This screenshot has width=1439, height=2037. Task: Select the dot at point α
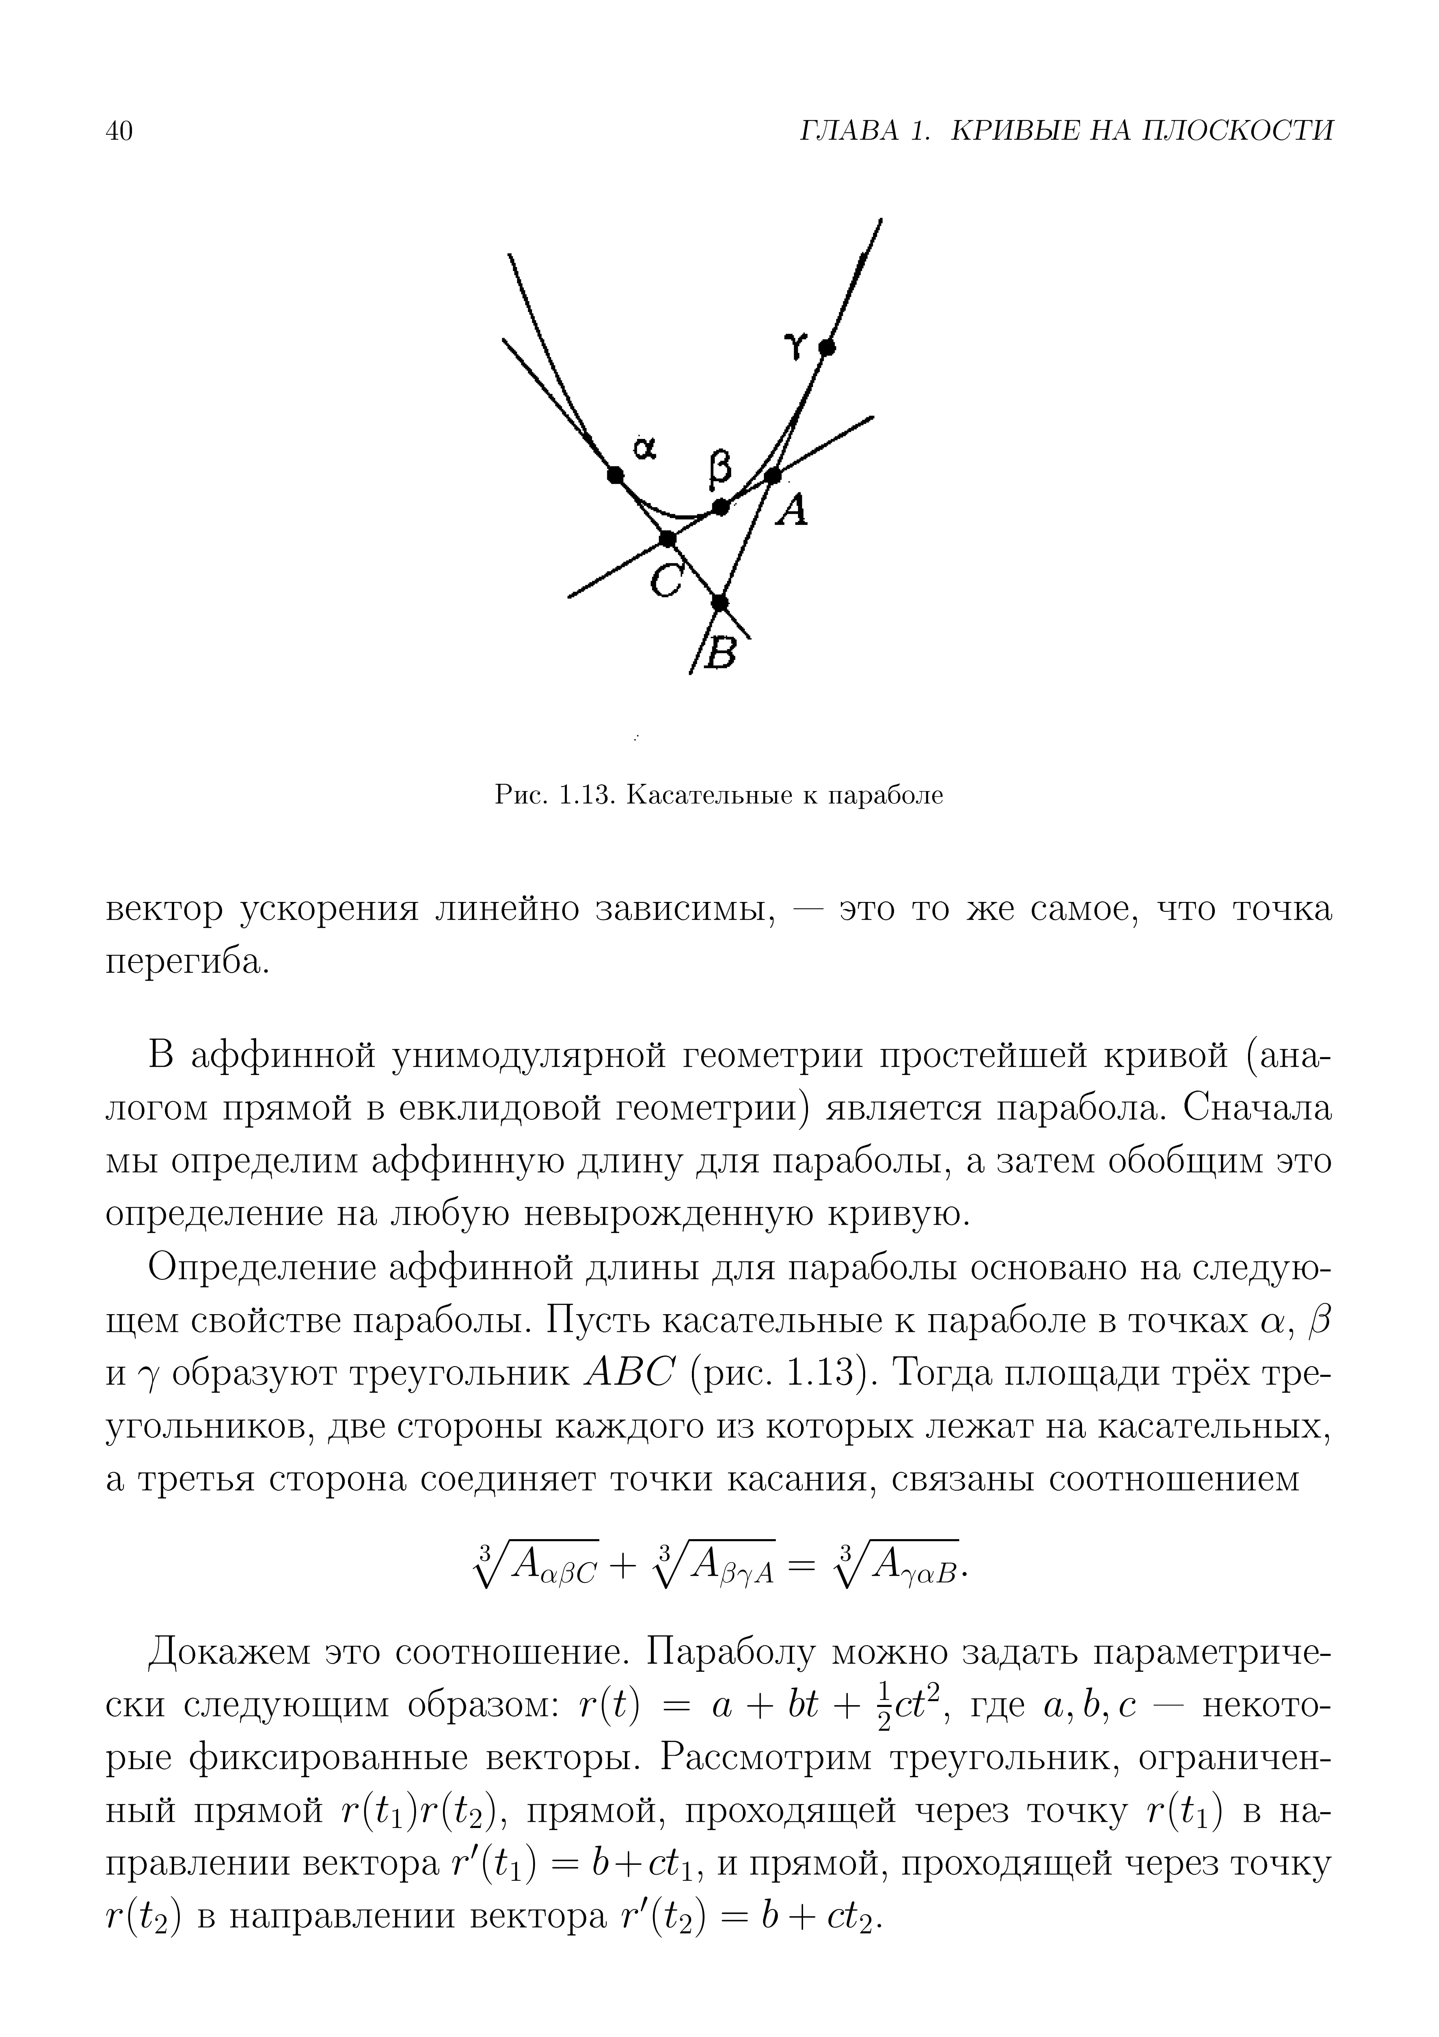point(615,475)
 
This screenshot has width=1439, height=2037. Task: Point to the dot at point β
point(720,507)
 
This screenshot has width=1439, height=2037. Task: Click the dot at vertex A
point(773,476)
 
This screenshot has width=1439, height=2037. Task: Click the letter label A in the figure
point(792,510)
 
